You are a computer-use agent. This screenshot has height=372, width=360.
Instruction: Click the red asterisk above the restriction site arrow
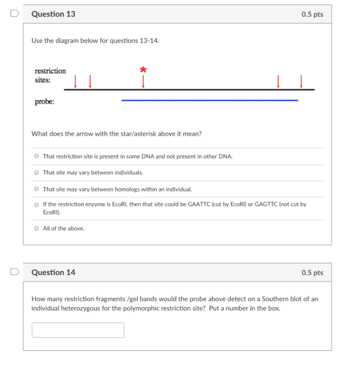pyautogui.click(x=143, y=69)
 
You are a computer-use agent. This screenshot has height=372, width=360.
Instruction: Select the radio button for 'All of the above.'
pyautogui.click(x=36, y=228)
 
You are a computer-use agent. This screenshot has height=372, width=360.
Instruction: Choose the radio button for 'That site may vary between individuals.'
pyautogui.click(x=36, y=172)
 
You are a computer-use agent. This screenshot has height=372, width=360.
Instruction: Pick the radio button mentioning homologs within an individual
pyautogui.click(x=36, y=189)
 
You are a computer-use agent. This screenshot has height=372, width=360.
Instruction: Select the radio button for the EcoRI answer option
pyautogui.click(x=36, y=204)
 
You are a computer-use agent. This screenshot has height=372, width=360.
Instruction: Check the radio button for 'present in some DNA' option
pyautogui.click(x=36, y=156)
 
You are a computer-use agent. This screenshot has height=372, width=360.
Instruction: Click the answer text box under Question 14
pyautogui.click(x=78, y=330)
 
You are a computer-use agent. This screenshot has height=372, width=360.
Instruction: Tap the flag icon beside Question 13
pyautogui.click(x=15, y=13)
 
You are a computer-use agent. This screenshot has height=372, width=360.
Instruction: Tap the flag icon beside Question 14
pyautogui.click(x=15, y=272)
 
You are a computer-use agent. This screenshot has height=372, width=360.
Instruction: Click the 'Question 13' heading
pyautogui.click(x=53, y=14)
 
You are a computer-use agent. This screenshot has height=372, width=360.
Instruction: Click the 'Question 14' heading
pyautogui.click(x=53, y=272)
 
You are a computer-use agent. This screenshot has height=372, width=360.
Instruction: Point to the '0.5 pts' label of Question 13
pyautogui.click(x=312, y=14)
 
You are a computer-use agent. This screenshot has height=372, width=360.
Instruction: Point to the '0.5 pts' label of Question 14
pyautogui.click(x=312, y=272)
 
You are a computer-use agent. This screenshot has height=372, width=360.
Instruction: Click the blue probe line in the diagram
pyautogui.click(x=210, y=100)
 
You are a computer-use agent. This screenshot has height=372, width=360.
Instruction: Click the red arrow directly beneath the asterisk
pyautogui.click(x=143, y=82)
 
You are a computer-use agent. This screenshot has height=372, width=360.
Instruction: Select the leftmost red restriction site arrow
pyautogui.click(x=75, y=82)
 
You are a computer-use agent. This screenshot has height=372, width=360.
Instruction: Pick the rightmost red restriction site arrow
pyautogui.click(x=301, y=82)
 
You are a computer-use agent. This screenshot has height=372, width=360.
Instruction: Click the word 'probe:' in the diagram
pyautogui.click(x=44, y=102)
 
